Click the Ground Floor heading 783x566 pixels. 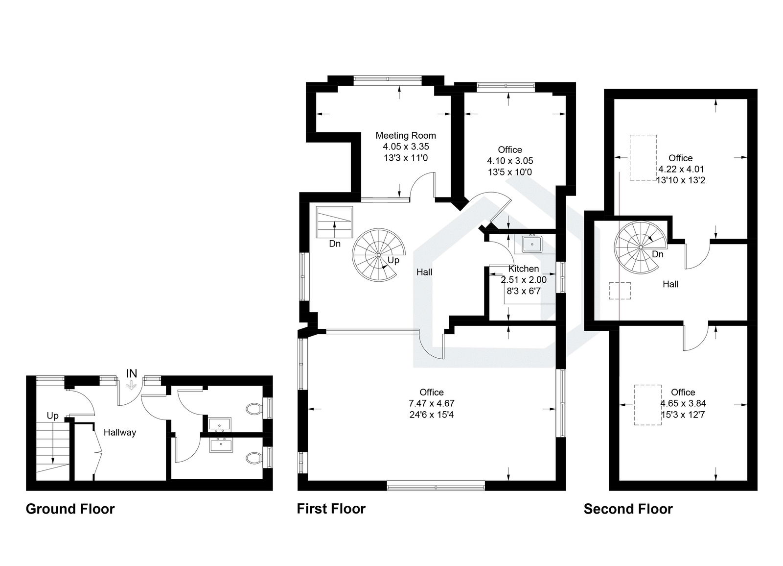pos(70,509)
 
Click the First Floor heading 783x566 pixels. pos(331,509)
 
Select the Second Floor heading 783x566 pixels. pos(628,509)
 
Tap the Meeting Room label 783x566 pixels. pos(406,136)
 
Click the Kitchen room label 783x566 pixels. pos(524,269)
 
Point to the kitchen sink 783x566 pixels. pos(532,244)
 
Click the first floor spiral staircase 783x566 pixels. pos(379,255)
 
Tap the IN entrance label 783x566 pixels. pos(132,374)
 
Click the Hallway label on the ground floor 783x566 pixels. pos(120,433)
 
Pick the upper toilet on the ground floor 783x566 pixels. pos(253,408)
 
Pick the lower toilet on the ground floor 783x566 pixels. pos(253,458)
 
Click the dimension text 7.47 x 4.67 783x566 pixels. pos(432,404)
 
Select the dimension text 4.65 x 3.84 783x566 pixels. pos(683,404)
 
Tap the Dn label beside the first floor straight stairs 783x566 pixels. pos(335,244)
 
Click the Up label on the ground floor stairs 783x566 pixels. pos(52,416)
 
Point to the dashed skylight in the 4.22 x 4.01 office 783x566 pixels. pos(643,157)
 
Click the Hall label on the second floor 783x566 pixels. pos(670,284)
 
